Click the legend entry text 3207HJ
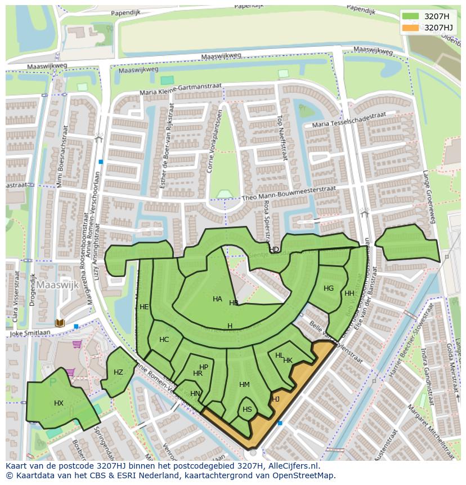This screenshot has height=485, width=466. point(438,28)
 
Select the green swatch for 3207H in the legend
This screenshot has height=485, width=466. point(411,16)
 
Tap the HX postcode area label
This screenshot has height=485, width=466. point(59,403)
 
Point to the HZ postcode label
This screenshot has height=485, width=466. point(118,372)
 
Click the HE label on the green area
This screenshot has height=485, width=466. point(144,307)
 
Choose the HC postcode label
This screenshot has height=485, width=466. point(164,340)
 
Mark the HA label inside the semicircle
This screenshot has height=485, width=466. point(217,299)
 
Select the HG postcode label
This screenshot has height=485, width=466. point(329,288)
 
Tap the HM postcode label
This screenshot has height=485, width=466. point(244,385)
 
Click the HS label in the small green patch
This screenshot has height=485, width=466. point(247,410)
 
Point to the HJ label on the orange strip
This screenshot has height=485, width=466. point(276,399)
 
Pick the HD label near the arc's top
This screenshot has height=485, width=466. point(274,249)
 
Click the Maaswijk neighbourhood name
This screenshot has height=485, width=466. point(59,286)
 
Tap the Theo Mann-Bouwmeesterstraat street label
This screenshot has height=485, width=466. point(288,194)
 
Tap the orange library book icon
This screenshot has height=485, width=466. point(60,323)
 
